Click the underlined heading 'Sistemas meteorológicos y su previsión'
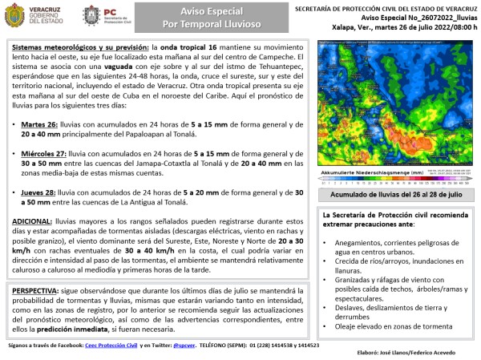coord(81,49)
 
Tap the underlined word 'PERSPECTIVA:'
coord(38,286)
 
